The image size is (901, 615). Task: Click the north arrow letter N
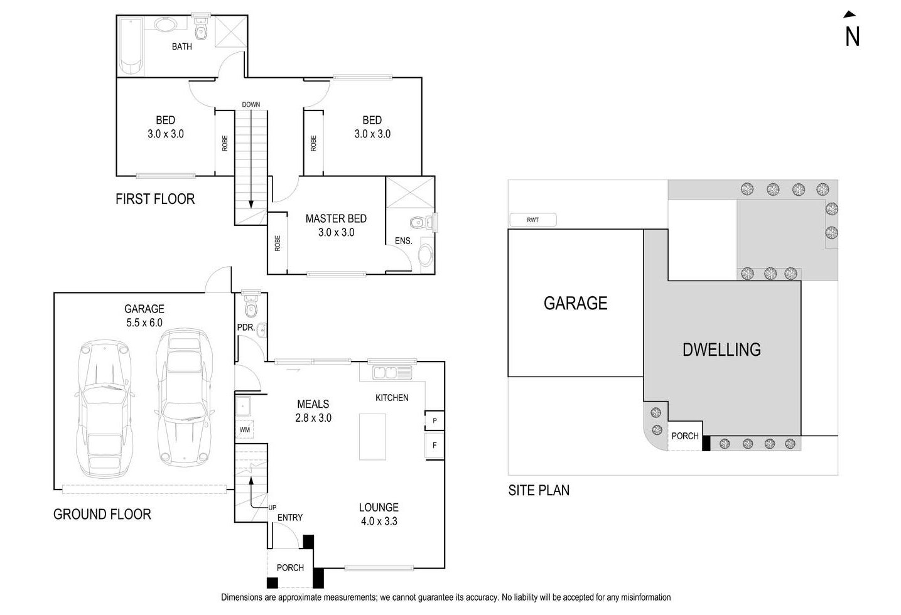click(x=851, y=36)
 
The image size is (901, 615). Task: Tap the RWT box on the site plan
click(x=532, y=220)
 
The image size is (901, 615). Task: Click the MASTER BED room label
click(x=336, y=218)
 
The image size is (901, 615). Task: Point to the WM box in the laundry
click(x=245, y=430)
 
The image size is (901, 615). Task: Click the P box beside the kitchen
click(x=434, y=420)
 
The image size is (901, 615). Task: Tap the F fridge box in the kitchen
click(x=434, y=446)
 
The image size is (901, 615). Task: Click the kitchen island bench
click(x=372, y=437)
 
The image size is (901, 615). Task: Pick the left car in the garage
click(x=104, y=410)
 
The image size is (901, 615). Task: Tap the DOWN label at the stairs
click(x=251, y=105)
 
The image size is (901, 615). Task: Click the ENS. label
click(x=403, y=241)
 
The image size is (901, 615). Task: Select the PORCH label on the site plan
click(x=684, y=436)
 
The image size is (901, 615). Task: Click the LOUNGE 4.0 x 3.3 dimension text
click(x=379, y=521)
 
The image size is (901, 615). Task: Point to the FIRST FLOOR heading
click(x=155, y=199)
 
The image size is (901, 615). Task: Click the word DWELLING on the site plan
click(x=721, y=350)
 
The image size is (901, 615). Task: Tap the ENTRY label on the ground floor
click(x=289, y=518)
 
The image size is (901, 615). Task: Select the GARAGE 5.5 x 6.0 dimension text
click(x=144, y=323)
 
